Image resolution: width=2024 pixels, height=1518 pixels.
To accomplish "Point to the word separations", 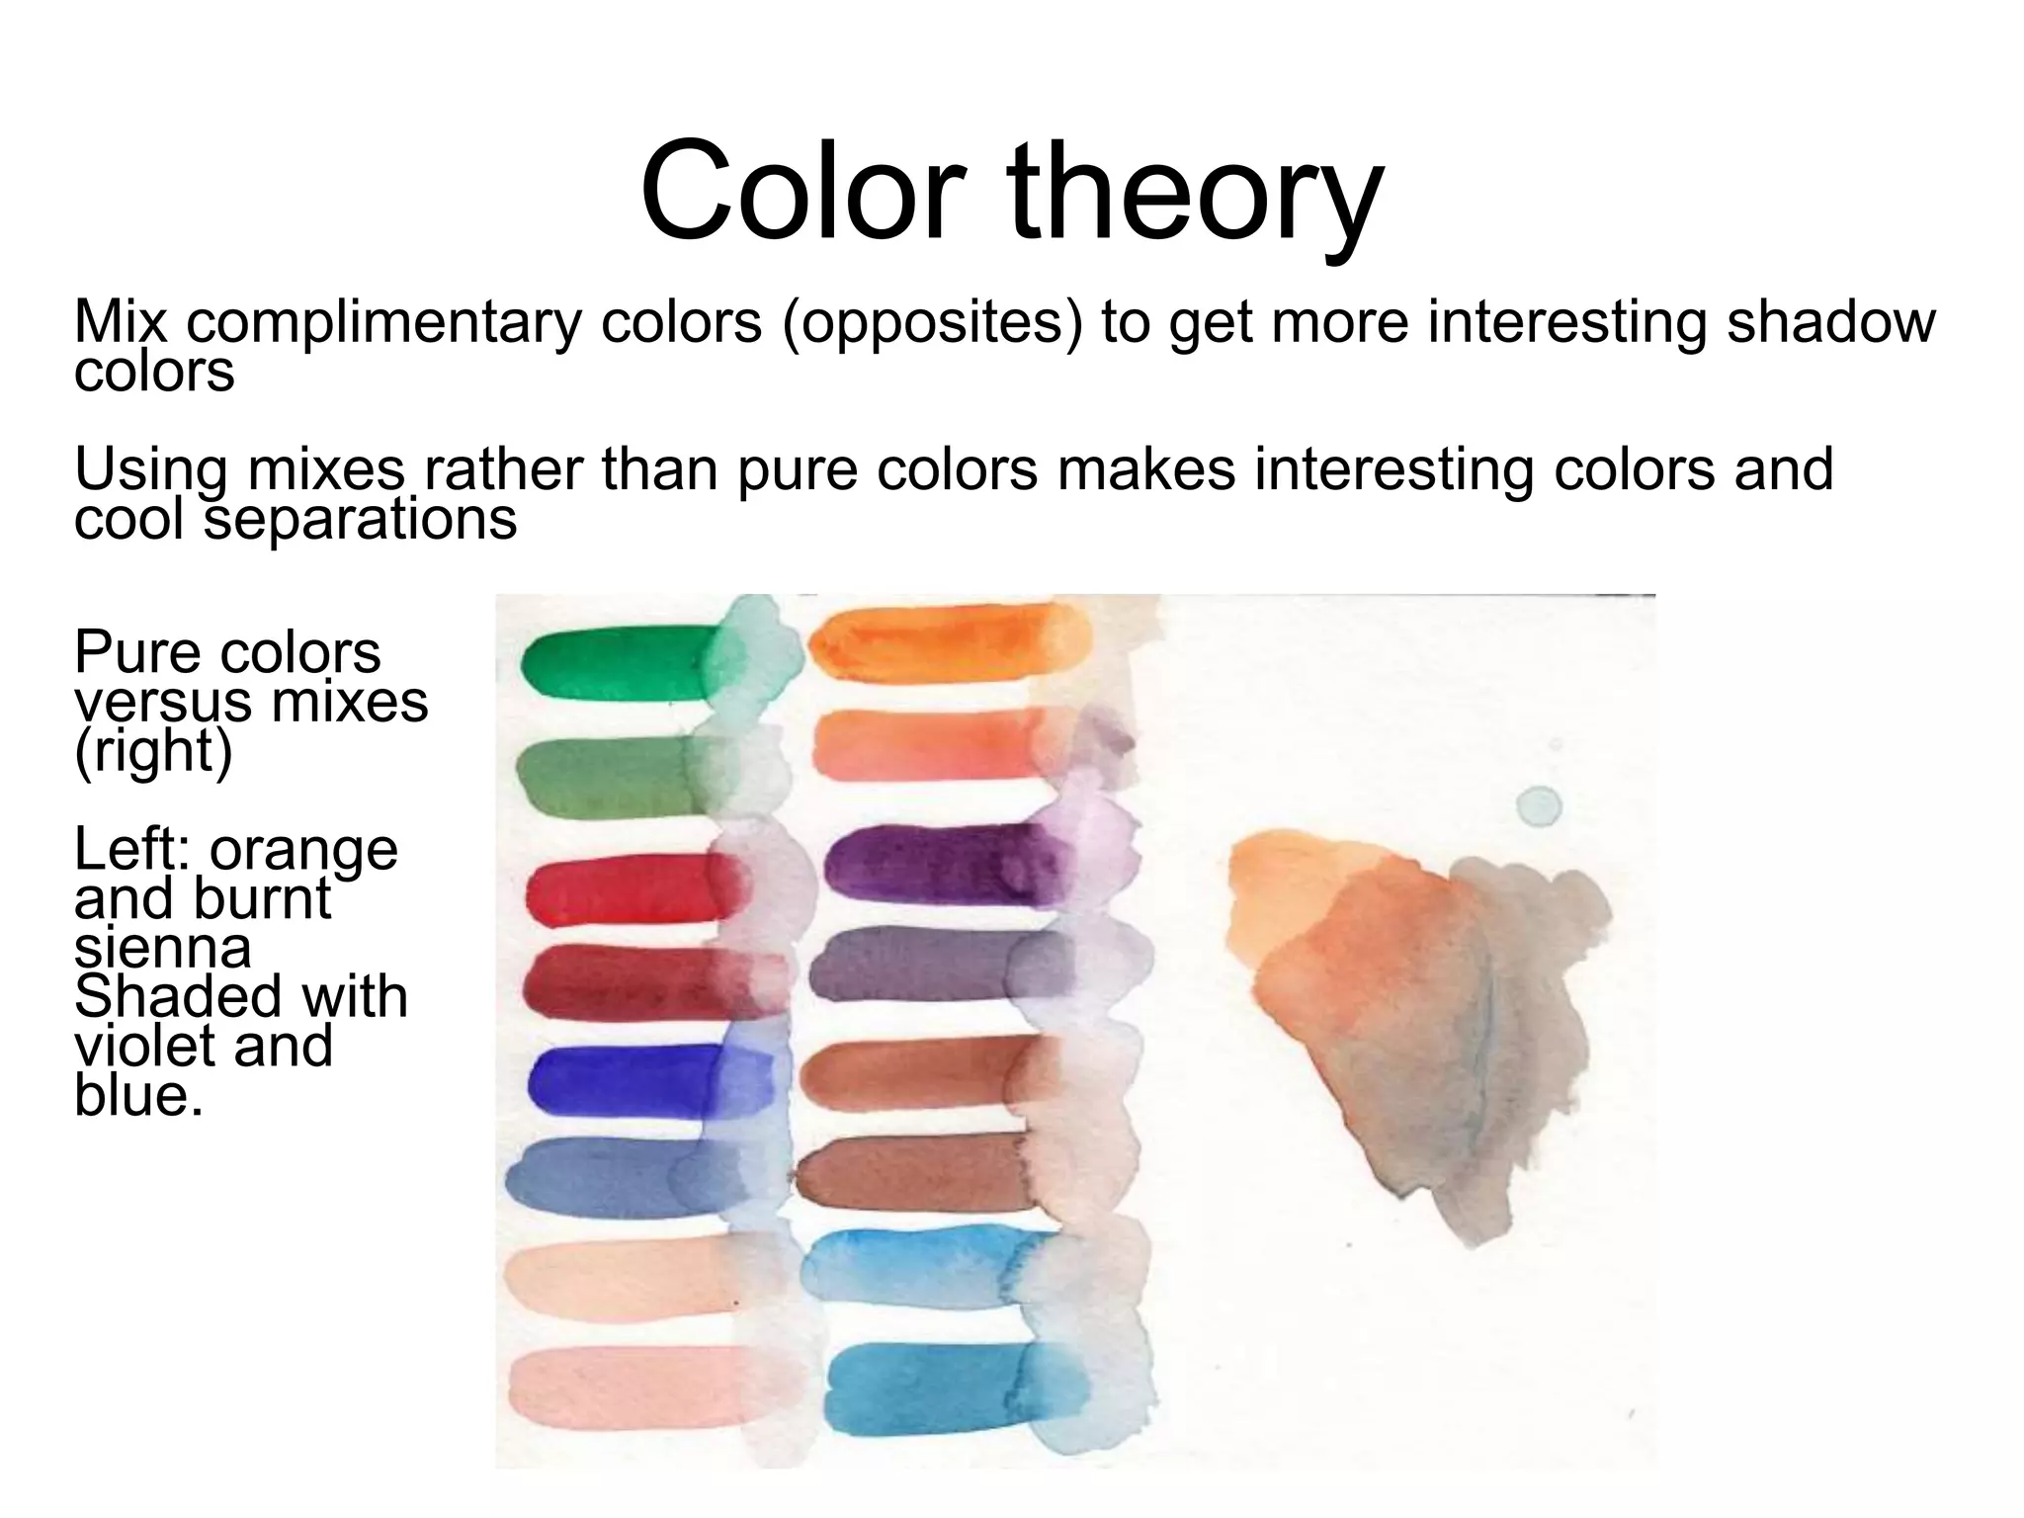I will pos(360,518).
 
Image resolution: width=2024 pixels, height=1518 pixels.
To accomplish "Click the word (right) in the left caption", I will pos(153,751).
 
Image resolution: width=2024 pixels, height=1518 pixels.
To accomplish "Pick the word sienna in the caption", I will pos(162,947).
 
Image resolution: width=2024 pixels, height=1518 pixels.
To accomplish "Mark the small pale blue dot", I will pos(1538,805).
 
